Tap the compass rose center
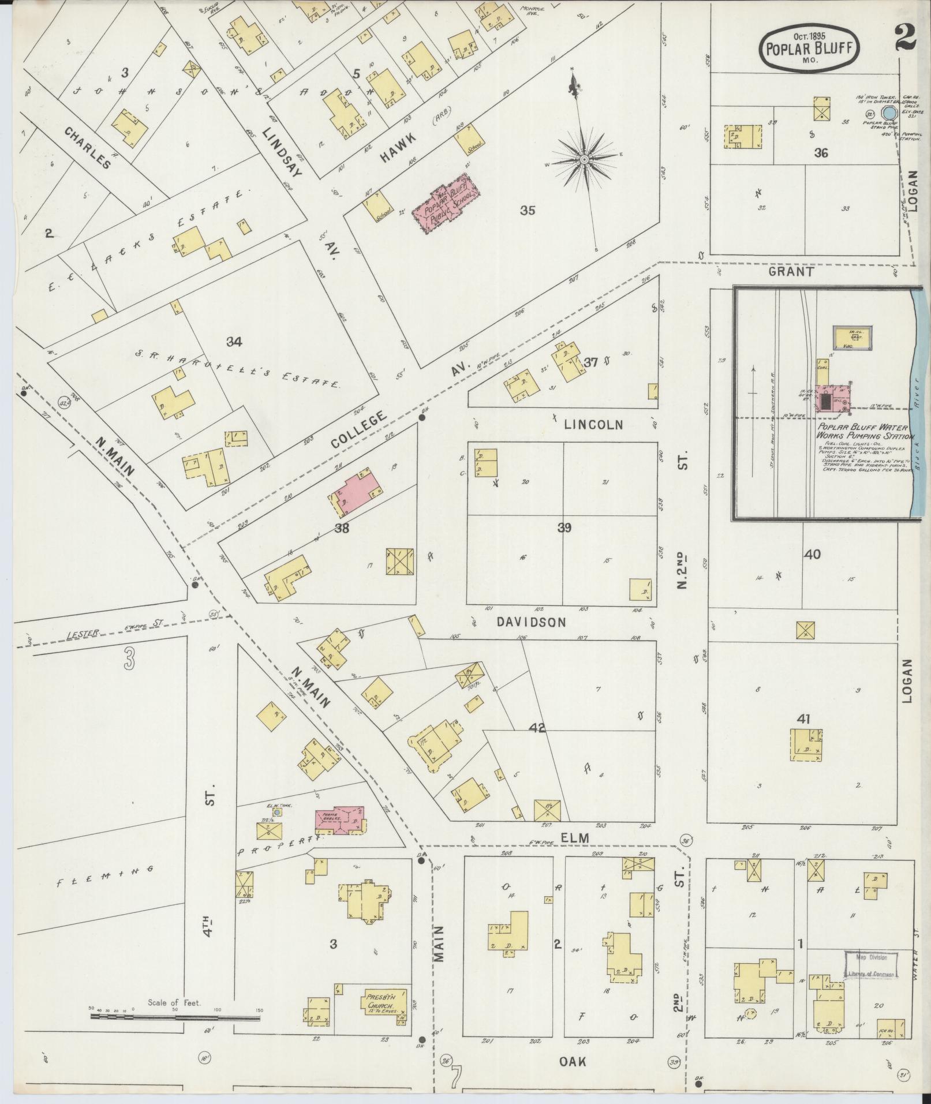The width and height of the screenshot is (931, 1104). pos(584,158)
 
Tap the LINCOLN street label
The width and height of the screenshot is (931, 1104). pos(593,424)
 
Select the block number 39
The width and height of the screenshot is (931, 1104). pos(564,527)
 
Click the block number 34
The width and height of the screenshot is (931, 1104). pos(234,342)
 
